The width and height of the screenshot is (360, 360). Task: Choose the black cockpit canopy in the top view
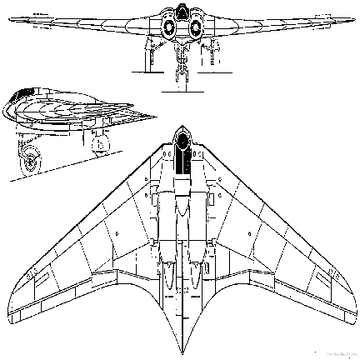coord(181,155)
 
